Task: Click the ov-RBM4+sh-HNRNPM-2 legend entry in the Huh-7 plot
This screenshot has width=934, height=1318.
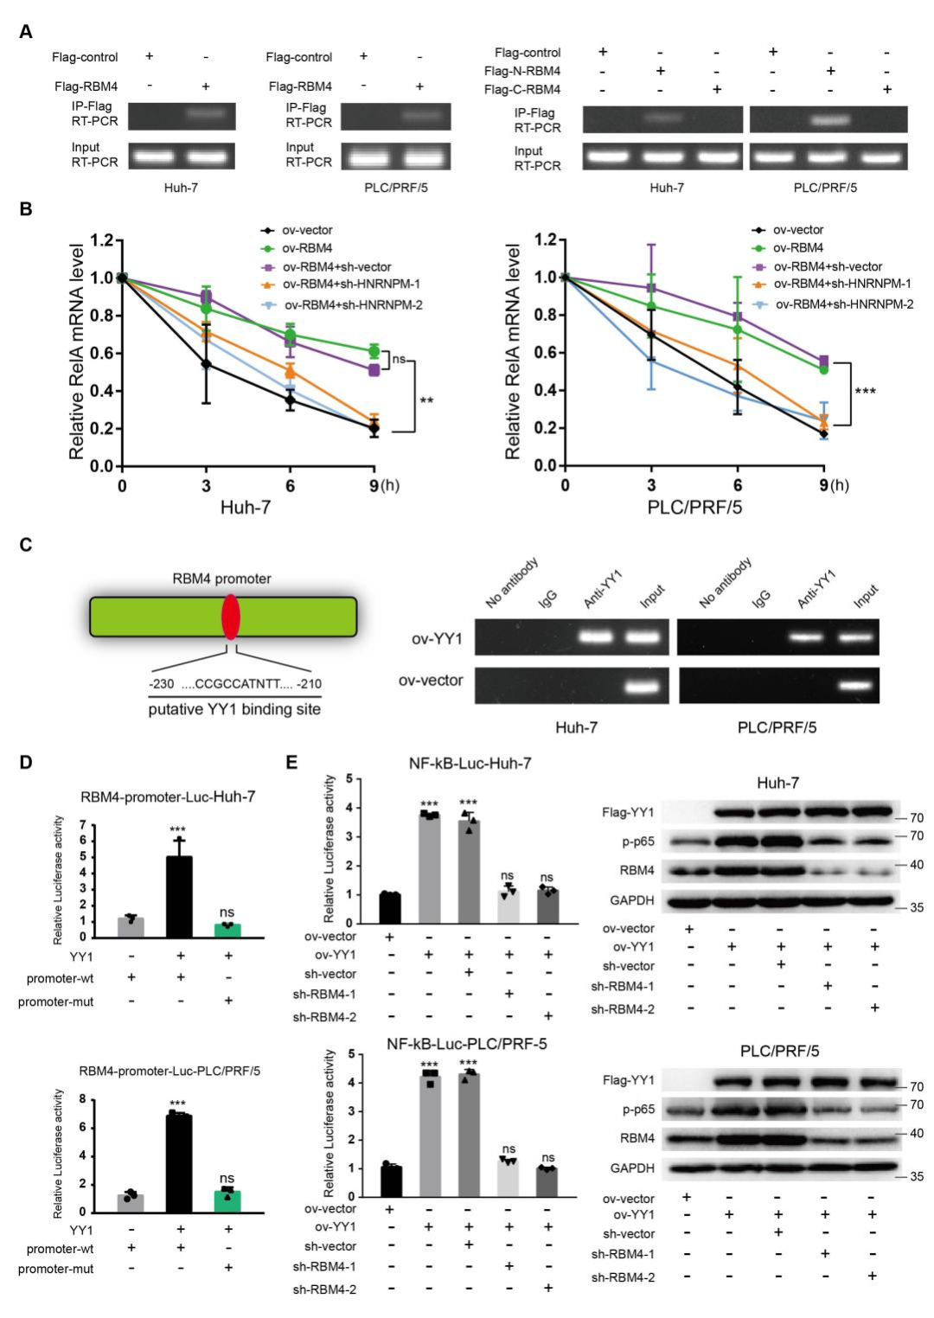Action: click(x=353, y=304)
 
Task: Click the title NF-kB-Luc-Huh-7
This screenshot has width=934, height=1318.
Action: click(x=470, y=763)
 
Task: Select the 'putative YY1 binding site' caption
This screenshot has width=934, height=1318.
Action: click(x=234, y=709)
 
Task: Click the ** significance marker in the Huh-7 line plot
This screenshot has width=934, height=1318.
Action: click(x=426, y=401)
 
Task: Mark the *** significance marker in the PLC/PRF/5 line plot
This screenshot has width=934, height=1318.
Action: click(x=865, y=392)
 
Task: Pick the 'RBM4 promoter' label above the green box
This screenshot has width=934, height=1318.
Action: click(x=221, y=579)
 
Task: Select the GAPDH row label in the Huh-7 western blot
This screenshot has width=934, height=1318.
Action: click(x=631, y=900)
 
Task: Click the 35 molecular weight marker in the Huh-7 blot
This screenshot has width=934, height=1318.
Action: click(x=916, y=907)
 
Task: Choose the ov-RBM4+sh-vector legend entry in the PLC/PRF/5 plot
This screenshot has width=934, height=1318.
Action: click(x=828, y=266)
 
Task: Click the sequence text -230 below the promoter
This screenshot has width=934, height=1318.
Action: click(x=162, y=684)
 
